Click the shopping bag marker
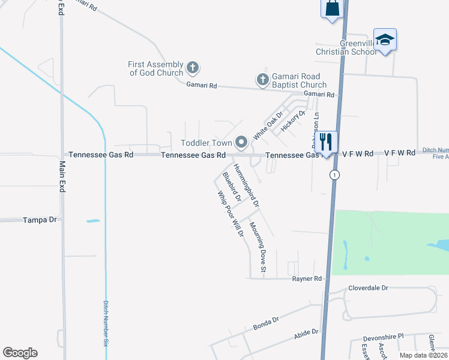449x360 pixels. [x=331, y=9]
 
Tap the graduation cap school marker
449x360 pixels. [x=384, y=40]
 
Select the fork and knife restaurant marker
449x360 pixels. [x=325, y=142]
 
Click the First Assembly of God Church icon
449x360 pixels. [x=193, y=67]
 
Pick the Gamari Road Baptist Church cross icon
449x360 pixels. [x=262, y=79]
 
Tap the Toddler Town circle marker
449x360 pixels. [x=241, y=142]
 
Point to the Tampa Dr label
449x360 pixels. [x=39, y=220]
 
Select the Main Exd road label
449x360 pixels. [x=62, y=175]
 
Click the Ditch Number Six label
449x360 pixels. [x=106, y=323]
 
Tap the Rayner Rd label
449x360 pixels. [x=307, y=279]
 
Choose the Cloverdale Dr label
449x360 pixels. [x=368, y=288]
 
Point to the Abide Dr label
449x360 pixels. [x=306, y=333]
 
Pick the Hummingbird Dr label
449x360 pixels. [x=246, y=185]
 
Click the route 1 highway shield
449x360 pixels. [x=335, y=175]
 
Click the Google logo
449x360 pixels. [x=20, y=353]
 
